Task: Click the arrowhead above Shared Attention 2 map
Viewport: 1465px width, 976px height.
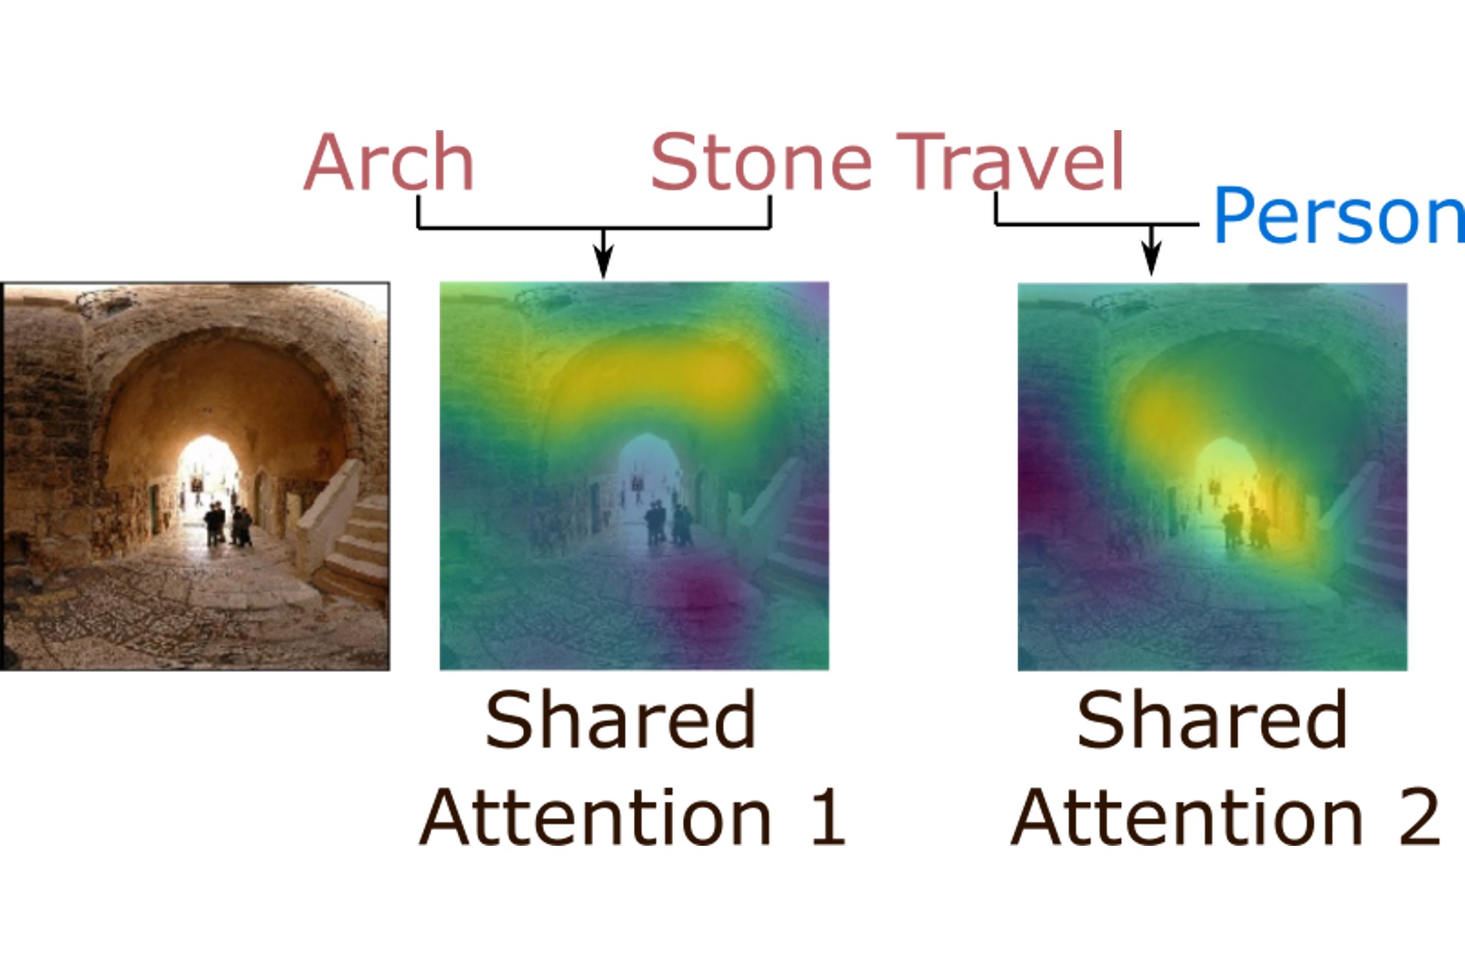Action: [1151, 260]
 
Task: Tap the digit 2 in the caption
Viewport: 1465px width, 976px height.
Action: [1419, 817]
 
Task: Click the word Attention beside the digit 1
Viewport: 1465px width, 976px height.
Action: [597, 817]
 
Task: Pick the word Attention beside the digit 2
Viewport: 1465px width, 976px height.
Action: [1188, 817]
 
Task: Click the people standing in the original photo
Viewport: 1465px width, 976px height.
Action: [228, 524]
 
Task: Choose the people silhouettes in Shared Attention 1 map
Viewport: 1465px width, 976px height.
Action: [668, 523]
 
